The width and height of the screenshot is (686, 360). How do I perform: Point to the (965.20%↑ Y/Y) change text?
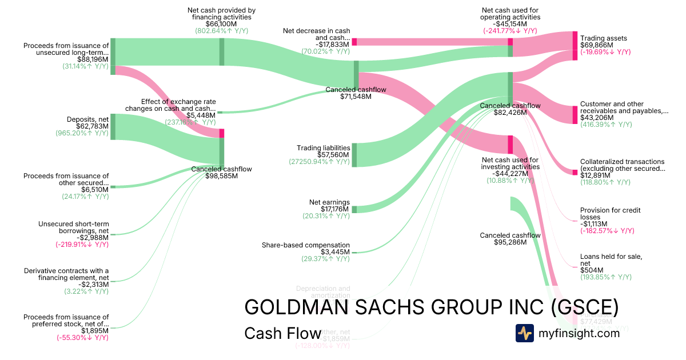(x=82, y=133)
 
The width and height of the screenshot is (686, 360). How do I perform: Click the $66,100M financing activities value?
(x=221, y=24)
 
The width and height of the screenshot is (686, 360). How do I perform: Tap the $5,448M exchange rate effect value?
(x=201, y=115)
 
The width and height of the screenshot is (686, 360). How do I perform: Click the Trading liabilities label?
(x=324, y=148)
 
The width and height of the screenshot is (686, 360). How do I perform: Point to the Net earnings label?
(x=329, y=202)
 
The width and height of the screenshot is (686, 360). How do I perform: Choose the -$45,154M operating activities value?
(x=510, y=24)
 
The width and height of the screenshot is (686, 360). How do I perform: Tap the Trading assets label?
(x=603, y=38)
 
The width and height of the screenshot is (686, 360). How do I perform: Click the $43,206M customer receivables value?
(x=597, y=118)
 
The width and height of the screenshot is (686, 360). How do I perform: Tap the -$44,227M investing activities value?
(x=510, y=174)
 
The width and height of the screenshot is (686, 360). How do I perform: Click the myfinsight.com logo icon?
(x=524, y=333)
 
